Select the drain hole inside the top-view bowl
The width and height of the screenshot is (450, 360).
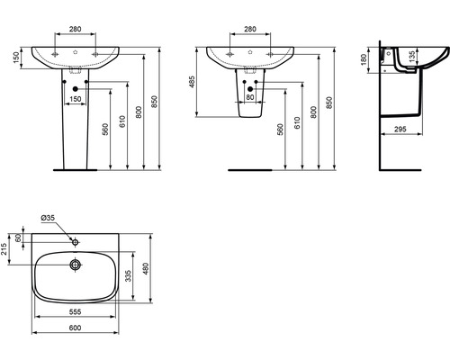tap(76, 265)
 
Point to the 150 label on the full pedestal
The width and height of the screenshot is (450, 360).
tap(76, 98)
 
